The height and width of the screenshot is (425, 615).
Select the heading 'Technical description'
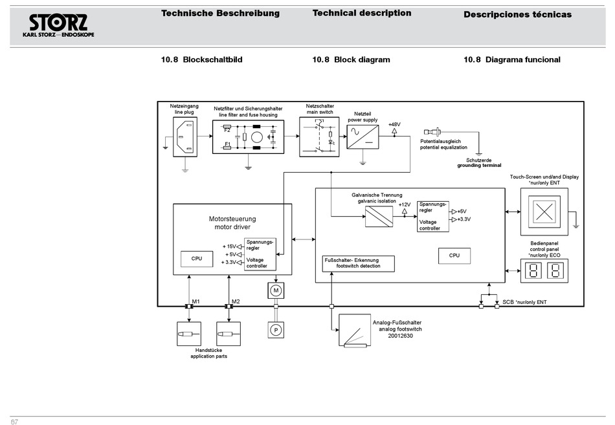[361, 13]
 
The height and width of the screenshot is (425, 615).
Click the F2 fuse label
[227, 130]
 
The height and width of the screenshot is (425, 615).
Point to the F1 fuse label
[227, 144]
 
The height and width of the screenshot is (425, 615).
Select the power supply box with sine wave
[363, 137]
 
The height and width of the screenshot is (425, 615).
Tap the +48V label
[394, 124]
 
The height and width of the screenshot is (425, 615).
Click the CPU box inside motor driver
[197, 259]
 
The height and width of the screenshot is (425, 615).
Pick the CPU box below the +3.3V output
[454, 256]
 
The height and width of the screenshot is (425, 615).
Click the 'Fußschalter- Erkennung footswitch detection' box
[359, 263]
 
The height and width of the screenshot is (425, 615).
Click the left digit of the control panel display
[535, 271]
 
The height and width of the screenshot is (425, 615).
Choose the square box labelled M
[276, 290]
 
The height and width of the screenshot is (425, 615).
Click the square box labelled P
[276, 330]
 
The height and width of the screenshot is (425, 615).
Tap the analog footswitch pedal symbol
[358, 332]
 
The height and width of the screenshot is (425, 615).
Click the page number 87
[14, 422]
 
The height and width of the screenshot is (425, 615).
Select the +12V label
[405, 204]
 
